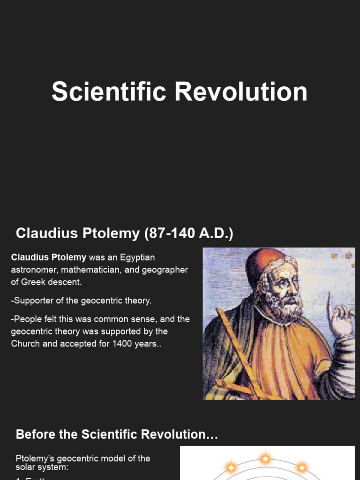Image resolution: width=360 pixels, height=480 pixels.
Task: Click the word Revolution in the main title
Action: tap(241, 92)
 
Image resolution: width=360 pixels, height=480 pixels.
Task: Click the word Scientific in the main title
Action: tap(109, 92)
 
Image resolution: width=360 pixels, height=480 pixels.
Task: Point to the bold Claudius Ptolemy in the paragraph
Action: tap(49, 257)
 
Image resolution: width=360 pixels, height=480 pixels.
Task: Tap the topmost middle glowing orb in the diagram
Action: tap(265, 458)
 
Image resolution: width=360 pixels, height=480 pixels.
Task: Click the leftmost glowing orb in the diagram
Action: tap(231, 467)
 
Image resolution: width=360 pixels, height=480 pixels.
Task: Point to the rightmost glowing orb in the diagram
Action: tap(302, 467)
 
